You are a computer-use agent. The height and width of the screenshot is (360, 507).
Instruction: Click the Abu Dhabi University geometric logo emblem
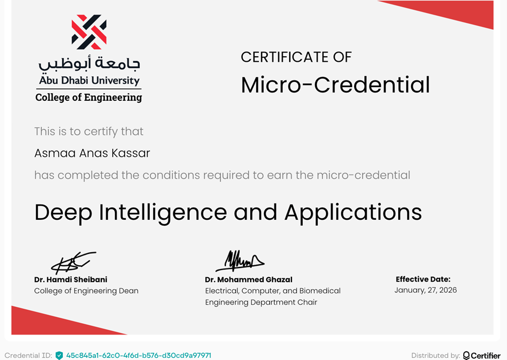coord(89,32)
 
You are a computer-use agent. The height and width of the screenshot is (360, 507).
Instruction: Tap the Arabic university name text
coord(89,64)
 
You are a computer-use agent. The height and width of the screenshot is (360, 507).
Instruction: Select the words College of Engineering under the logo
coord(88,98)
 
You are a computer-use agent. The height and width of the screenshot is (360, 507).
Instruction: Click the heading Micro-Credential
coord(335,85)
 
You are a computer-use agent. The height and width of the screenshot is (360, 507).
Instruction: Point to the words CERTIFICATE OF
coord(296,57)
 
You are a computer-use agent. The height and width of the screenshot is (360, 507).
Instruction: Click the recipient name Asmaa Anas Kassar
coord(92,153)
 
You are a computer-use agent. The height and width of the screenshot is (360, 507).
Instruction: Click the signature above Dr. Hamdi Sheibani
coord(73,263)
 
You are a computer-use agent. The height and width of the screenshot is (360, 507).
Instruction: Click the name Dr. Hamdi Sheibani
coord(70,279)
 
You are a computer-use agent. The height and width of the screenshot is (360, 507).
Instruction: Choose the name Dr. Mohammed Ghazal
coord(249,279)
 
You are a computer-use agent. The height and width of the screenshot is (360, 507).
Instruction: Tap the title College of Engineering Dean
coord(86,291)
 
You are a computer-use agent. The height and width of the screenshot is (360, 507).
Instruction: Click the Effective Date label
coord(423,279)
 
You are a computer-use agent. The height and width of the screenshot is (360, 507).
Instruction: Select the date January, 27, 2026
coord(426,290)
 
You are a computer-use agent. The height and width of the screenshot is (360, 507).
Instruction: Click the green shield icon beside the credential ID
coord(59,356)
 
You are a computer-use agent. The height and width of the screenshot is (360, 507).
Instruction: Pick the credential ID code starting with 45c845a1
coord(139,356)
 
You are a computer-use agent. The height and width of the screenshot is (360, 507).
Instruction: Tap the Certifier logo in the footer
coord(482,356)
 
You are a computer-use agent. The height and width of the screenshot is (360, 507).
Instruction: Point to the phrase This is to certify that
coord(89,132)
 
